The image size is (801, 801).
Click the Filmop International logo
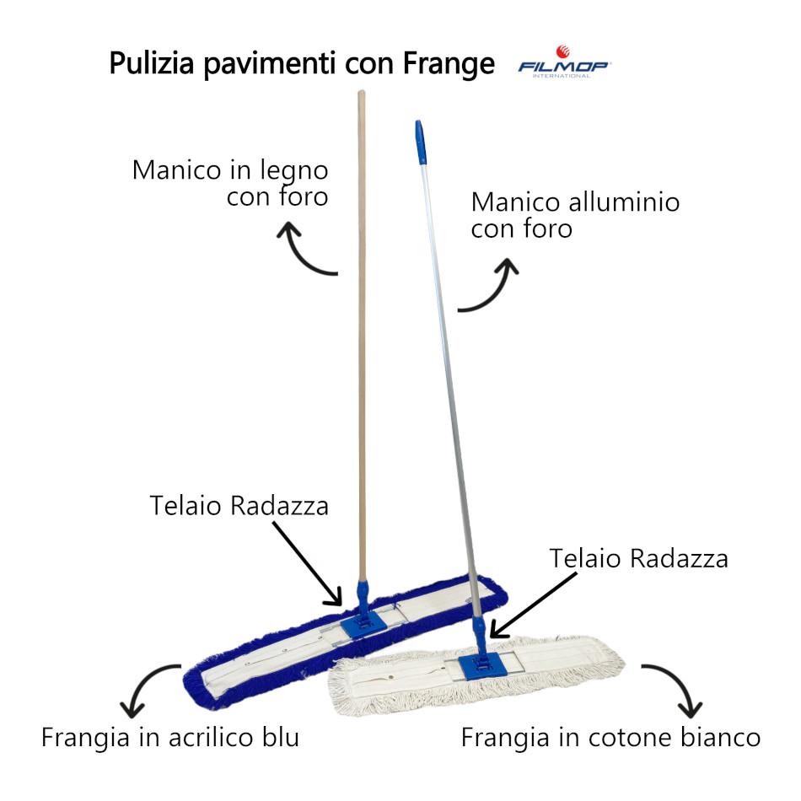[x=564, y=62]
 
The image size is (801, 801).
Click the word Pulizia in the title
[x=152, y=63]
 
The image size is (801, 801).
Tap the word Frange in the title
[x=449, y=64]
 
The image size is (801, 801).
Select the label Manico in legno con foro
[x=230, y=184]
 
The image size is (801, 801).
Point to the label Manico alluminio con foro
[x=575, y=215]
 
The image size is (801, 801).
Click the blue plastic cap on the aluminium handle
[x=420, y=142]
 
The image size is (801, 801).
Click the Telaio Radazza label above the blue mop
[x=239, y=506]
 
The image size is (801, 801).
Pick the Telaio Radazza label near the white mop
[x=638, y=558]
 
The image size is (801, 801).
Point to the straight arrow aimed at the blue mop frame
[x=307, y=563]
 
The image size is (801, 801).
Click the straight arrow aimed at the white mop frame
[x=533, y=605]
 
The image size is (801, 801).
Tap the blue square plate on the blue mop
[x=363, y=624]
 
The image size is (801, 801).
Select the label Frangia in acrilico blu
[x=170, y=737]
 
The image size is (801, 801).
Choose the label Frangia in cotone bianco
[x=611, y=738]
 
